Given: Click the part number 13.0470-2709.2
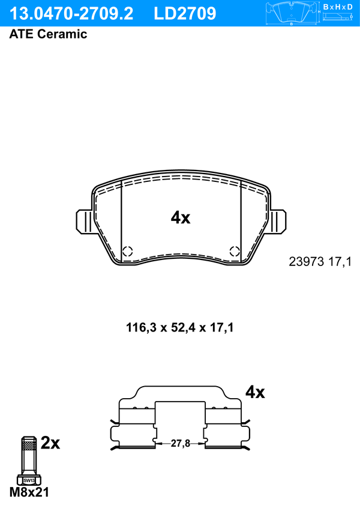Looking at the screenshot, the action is [71, 14].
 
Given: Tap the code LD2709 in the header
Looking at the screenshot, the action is [185, 14].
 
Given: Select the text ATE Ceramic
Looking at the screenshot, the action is [48, 34].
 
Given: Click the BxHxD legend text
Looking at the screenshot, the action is [337, 7].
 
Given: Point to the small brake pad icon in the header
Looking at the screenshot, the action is [292, 13].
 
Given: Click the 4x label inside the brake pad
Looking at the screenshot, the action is [181, 218].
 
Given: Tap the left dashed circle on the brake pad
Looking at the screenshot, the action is [128, 251].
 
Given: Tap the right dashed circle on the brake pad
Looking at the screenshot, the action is [235, 251].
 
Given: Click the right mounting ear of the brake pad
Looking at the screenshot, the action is [277, 222].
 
